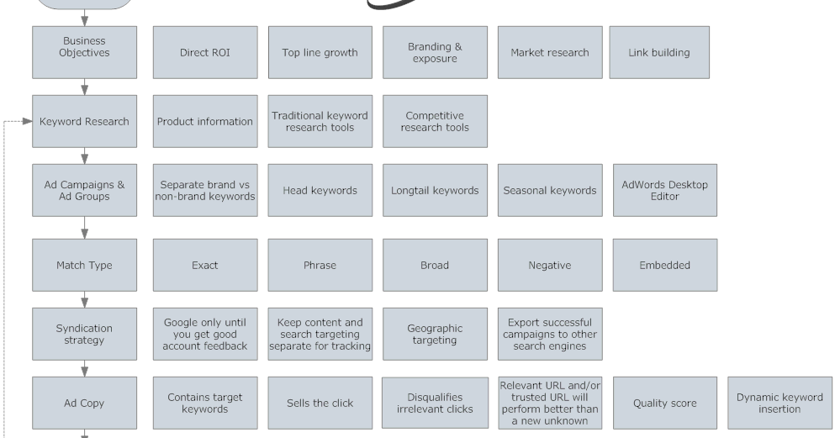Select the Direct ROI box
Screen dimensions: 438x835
click(x=205, y=52)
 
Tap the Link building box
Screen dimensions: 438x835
click(x=658, y=52)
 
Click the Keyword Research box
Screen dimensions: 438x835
click(x=84, y=121)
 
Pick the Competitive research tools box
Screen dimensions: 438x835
click(x=435, y=121)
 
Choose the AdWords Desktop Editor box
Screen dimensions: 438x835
click(x=664, y=190)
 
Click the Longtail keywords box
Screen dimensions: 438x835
click(x=435, y=190)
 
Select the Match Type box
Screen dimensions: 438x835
click(x=84, y=265)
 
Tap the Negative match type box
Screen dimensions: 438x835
click(x=550, y=265)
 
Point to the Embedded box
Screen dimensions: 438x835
click(x=664, y=265)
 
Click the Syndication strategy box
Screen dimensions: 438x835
click(x=84, y=334)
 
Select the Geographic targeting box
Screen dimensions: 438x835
click(x=435, y=334)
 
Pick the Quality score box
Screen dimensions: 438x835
click(x=664, y=403)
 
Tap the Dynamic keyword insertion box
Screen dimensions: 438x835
click(x=780, y=403)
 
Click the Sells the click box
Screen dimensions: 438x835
click(x=320, y=403)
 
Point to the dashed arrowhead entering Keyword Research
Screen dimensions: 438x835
click(x=27, y=121)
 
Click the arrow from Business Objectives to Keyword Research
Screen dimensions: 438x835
click(x=84, y=87)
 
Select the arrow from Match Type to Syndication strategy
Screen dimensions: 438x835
click(x=84, y=299)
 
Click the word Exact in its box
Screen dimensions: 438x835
click(x=205, y=265)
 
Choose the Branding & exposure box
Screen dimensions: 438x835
click(x=435, y=52)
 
